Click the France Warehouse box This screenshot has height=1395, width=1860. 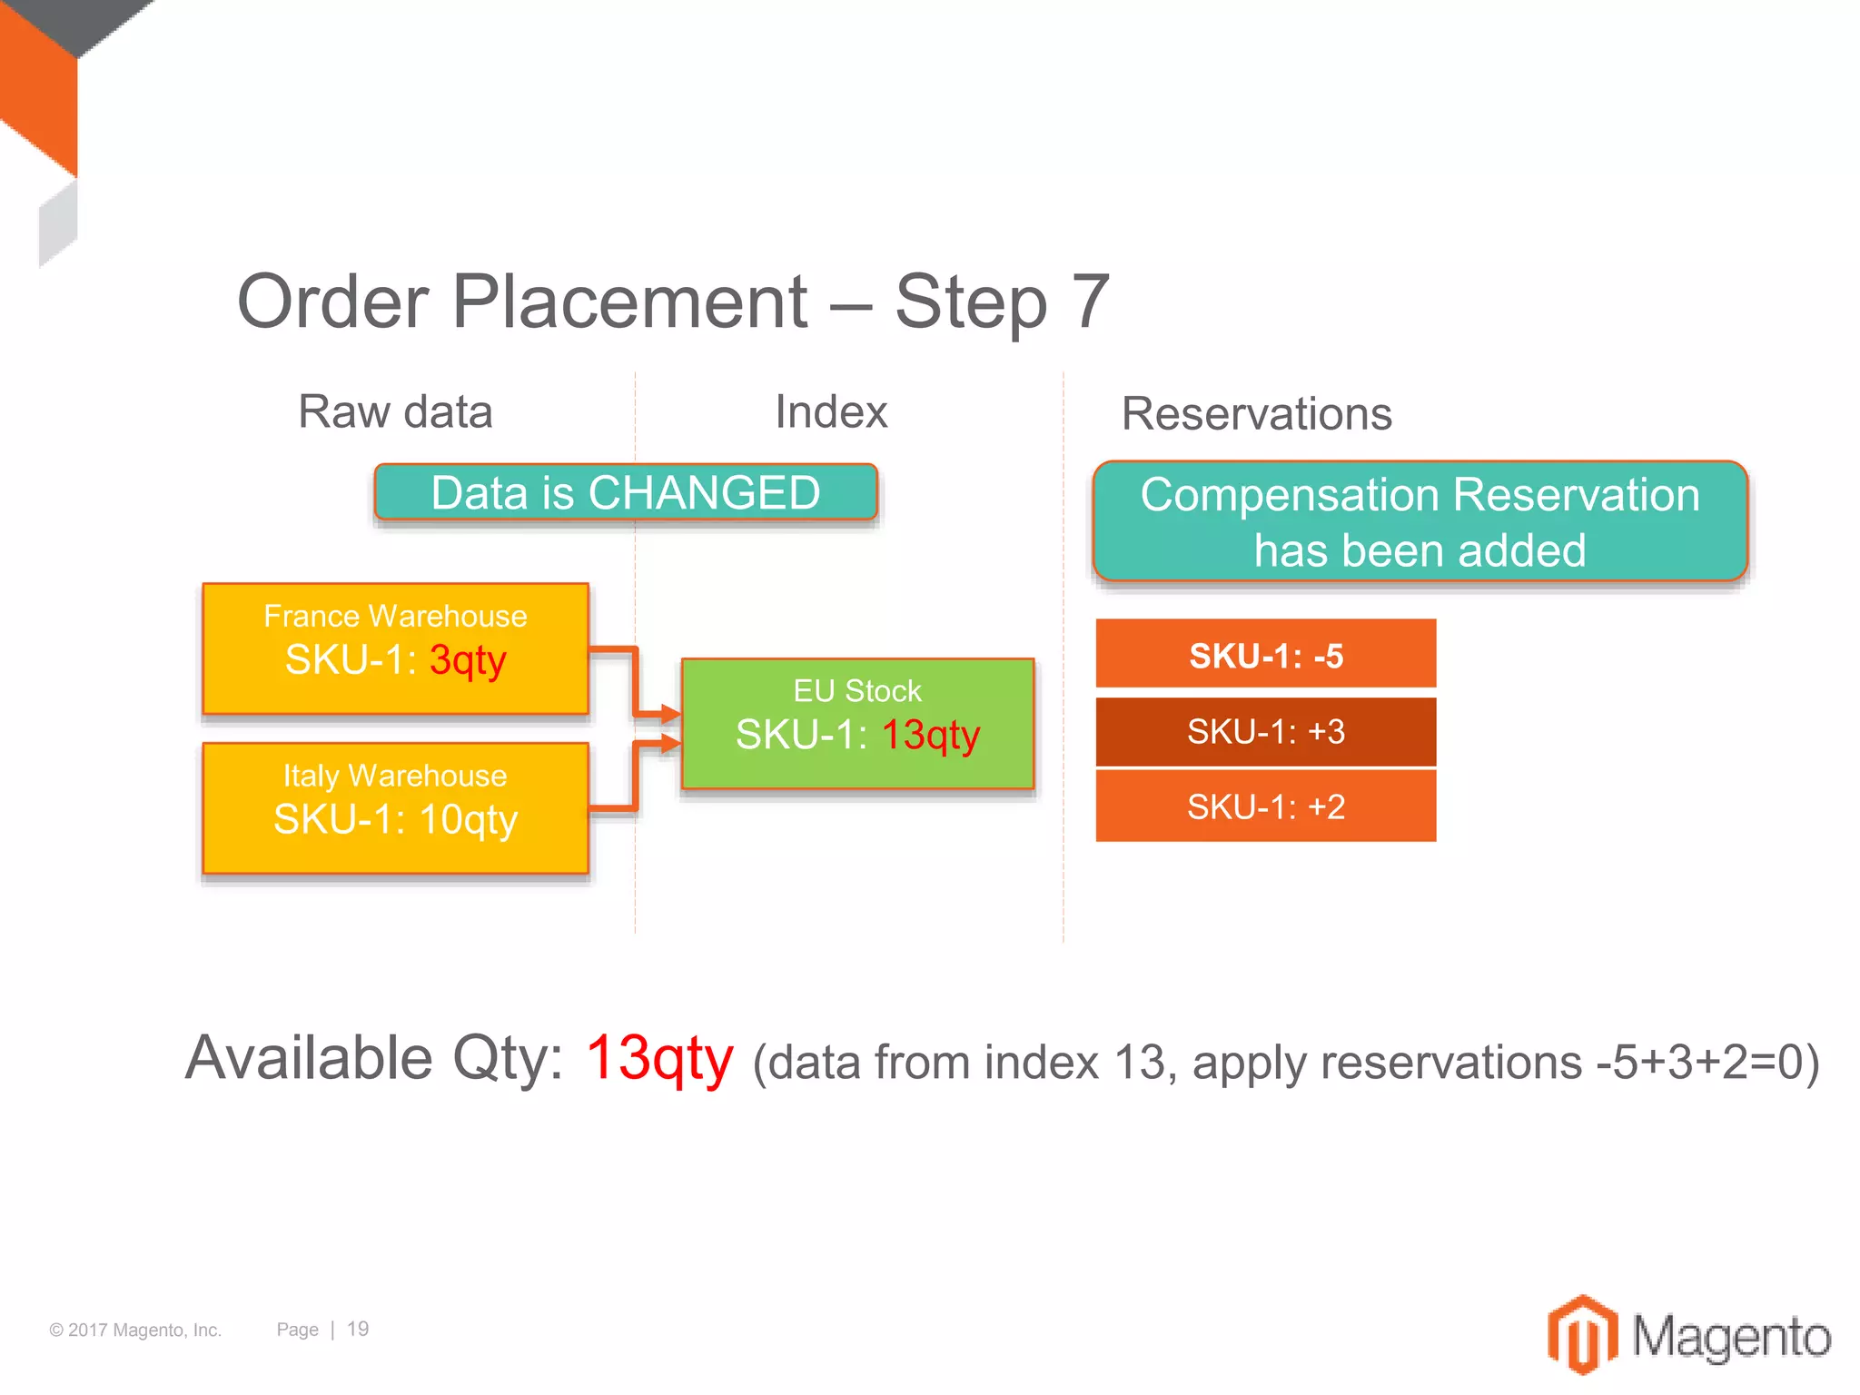395,648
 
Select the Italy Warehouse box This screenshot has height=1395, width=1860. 395,807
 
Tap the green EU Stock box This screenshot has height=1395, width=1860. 857,723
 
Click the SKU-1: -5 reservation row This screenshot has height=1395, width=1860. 1265,655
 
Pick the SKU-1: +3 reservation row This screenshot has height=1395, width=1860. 1265,731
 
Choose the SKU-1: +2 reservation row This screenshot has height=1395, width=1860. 1265,806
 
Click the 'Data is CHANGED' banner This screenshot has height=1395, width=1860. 626,493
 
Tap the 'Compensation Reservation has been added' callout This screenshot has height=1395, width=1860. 1420,522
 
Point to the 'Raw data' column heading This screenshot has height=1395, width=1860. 395,411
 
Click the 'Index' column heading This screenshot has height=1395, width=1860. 830,411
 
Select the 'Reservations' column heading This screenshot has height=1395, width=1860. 1256,414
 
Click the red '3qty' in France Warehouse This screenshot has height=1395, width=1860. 467,660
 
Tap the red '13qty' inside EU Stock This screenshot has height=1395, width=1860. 931,735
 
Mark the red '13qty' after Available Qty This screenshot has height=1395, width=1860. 659,1059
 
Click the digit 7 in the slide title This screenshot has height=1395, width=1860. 1091,302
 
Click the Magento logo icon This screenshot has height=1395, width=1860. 1582,1333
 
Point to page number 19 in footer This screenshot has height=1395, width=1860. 358,1329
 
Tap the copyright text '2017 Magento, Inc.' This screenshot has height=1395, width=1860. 144,1330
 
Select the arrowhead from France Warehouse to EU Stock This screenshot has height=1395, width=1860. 670,714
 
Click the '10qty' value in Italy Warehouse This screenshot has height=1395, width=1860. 468,819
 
